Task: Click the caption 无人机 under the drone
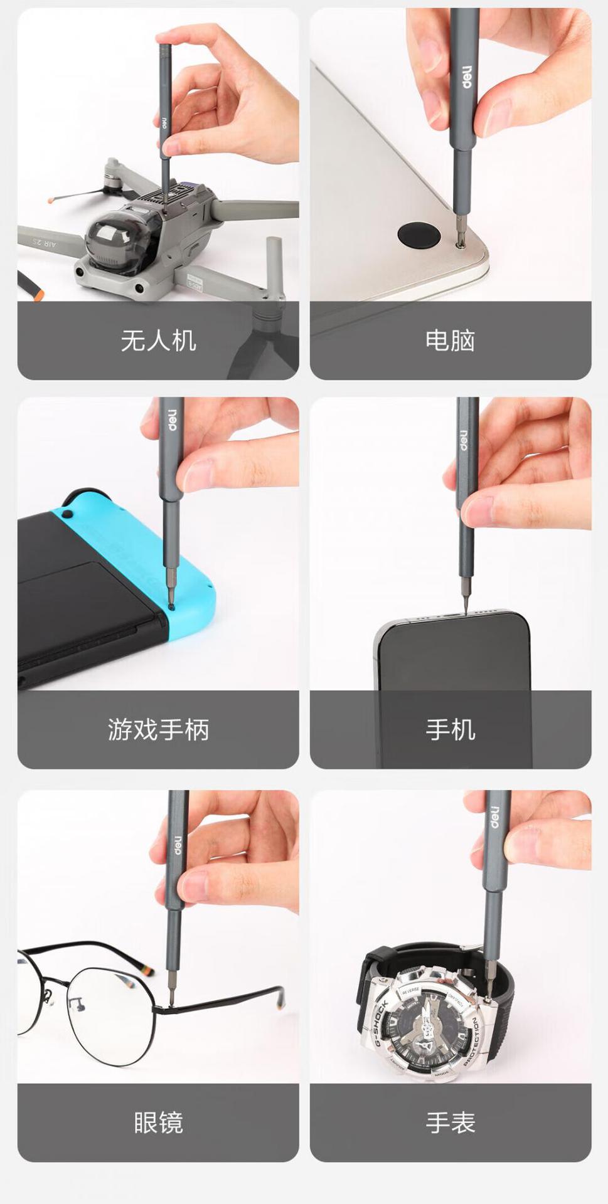(158, 341)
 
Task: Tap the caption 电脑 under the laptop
(450, 341)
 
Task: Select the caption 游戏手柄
(158, 729)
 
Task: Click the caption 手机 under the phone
(450, 729)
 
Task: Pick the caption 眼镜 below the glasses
(158, 1122)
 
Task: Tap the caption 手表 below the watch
(450, 1122)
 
